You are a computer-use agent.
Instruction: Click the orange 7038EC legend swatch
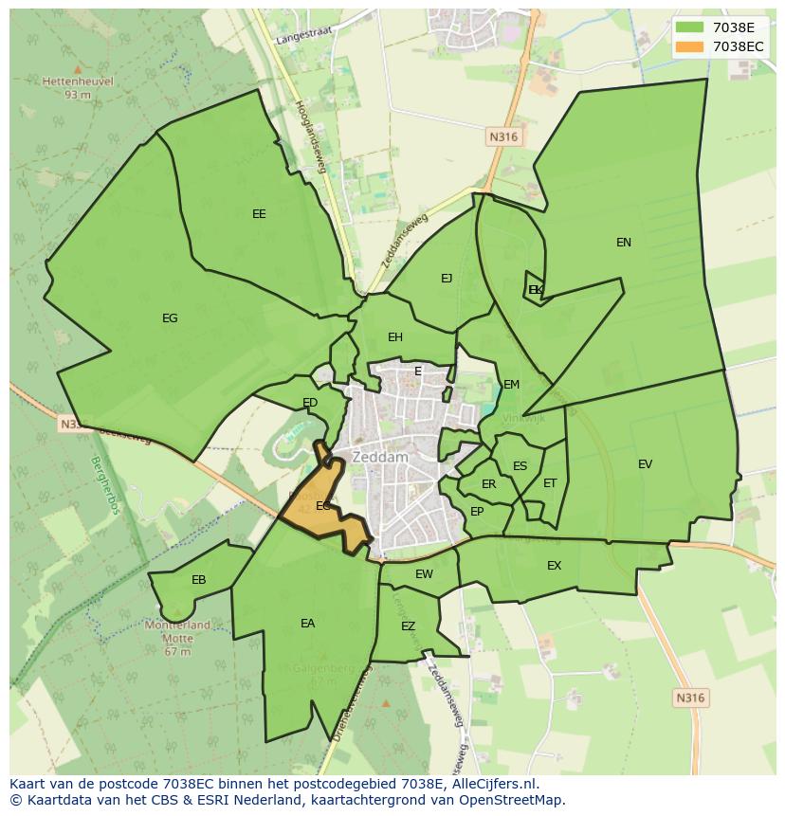tap(690, 46)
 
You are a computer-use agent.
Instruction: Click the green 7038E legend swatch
tap(690, 27)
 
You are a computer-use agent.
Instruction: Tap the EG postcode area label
tap(170, 318)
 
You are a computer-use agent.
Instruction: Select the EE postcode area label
tap(259, 214)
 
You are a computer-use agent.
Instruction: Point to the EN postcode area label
tap(624, 243)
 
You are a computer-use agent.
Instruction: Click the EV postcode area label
tap(646, 464)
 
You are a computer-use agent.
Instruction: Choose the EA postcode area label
tap(307, 624)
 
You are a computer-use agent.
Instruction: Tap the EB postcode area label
tap(199, 580)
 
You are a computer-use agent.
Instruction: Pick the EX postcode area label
tap(555, 566)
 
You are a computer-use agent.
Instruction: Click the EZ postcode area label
tap(409, 626)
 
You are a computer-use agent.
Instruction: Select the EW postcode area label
tap(424, 574)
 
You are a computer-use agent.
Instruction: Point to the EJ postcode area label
tap(447, 279)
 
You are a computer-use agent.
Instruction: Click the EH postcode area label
tap(395, 337)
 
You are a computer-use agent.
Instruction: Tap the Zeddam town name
tap(379, 457)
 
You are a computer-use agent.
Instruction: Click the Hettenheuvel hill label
tap(78, 82)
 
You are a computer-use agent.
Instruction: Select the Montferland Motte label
tap(177, 631)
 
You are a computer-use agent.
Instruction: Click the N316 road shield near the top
tap(504, 137)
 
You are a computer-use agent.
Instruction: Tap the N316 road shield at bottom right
tap(690, 698)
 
